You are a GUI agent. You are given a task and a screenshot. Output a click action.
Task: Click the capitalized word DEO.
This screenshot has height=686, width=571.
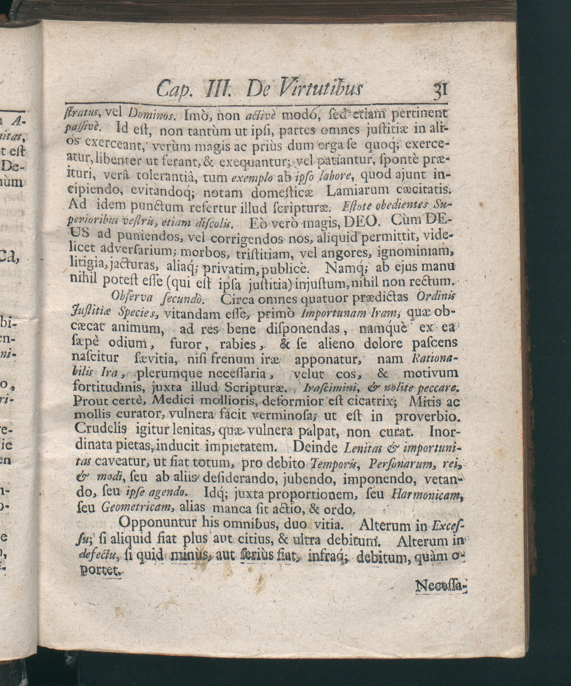(x=362, y=224)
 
